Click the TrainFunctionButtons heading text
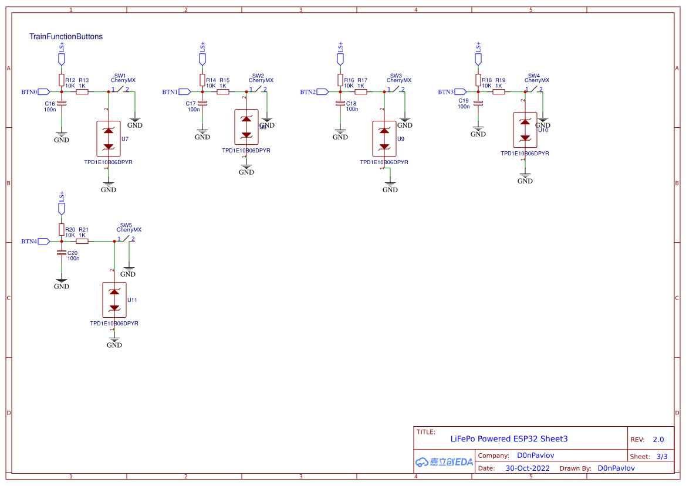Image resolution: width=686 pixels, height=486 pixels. click(66, 36)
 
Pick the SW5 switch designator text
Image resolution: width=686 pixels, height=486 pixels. click(126, 225)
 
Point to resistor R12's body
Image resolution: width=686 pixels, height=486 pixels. click(62, 80)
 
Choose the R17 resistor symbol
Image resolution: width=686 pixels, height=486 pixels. click(361, 91)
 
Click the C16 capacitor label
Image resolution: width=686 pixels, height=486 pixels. click(50, 103)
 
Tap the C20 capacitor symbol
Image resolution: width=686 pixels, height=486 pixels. click(62, 253)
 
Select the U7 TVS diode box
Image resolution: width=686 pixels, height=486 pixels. click(108, 138)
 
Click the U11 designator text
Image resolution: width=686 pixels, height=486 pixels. click(133, 300)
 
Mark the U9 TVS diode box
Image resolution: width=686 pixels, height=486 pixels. click(384, 138)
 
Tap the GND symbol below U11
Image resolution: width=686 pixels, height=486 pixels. click(114, 342)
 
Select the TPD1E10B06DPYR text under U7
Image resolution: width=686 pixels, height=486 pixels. click(108, 162)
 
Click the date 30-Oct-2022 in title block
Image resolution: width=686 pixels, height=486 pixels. click(528, 468)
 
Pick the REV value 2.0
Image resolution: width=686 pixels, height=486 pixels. click(658, 439)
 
